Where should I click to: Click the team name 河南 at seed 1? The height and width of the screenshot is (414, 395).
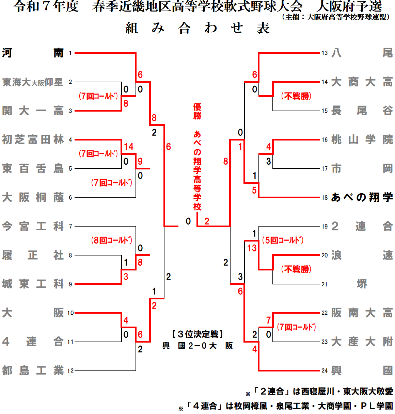pyautogui.click(x=33, y=53)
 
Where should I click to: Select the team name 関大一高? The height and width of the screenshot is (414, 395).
pyautogui.click(x=33, y=111)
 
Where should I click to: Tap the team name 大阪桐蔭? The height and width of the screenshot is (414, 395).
pyautogui.click(x=33, y=197)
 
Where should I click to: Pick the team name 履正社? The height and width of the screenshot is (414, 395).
pyautogui.click(x=33, y=255)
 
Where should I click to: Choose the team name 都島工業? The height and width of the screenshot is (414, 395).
pyautogui.click(x=33, y=370)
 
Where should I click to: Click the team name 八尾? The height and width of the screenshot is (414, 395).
pyautogui.click(x=362, y=53)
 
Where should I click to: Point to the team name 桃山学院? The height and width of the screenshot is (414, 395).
pyautogui.click(x=362, y=139)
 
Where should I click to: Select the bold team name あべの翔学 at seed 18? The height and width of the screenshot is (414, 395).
pyautogui.click(x=362, y=197)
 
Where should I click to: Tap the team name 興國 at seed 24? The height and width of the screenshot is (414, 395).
pyautogui.click(x=362, y=370)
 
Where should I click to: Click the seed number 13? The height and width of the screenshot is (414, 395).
pyautogui.click(x=325, y=53)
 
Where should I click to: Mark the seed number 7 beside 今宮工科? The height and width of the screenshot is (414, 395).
pyautogui.click(x=70, y=226)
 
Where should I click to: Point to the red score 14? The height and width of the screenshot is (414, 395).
pyautogui.click(x=129, y=147)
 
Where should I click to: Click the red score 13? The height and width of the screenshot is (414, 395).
pyautogui.click(x=252, y=248)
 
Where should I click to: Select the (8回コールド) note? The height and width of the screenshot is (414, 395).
pyautogui.click(x=112, y=240)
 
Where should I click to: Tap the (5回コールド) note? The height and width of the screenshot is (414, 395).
pyautogui.click(x=283, y=240)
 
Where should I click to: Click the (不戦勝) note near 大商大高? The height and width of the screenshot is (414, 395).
pyautogui.click(x=296, y=96)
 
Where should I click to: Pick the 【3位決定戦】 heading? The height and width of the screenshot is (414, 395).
pyautogui.click(x=197, y=334)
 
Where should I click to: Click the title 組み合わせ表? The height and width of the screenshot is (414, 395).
pyautogui.click(x=197, y=28)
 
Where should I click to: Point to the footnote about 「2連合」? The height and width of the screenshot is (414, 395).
pyautogui.click(x=322, y=392)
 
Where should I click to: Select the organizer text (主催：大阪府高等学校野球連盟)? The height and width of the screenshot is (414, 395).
pyautogui.click(x=336, y=17)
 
